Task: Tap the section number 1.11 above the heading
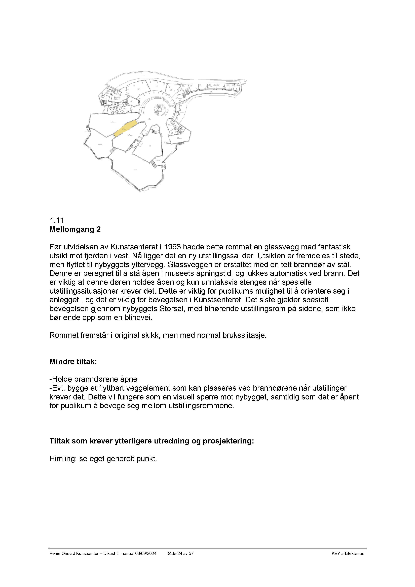point(57,220)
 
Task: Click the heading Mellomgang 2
point(75,229)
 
